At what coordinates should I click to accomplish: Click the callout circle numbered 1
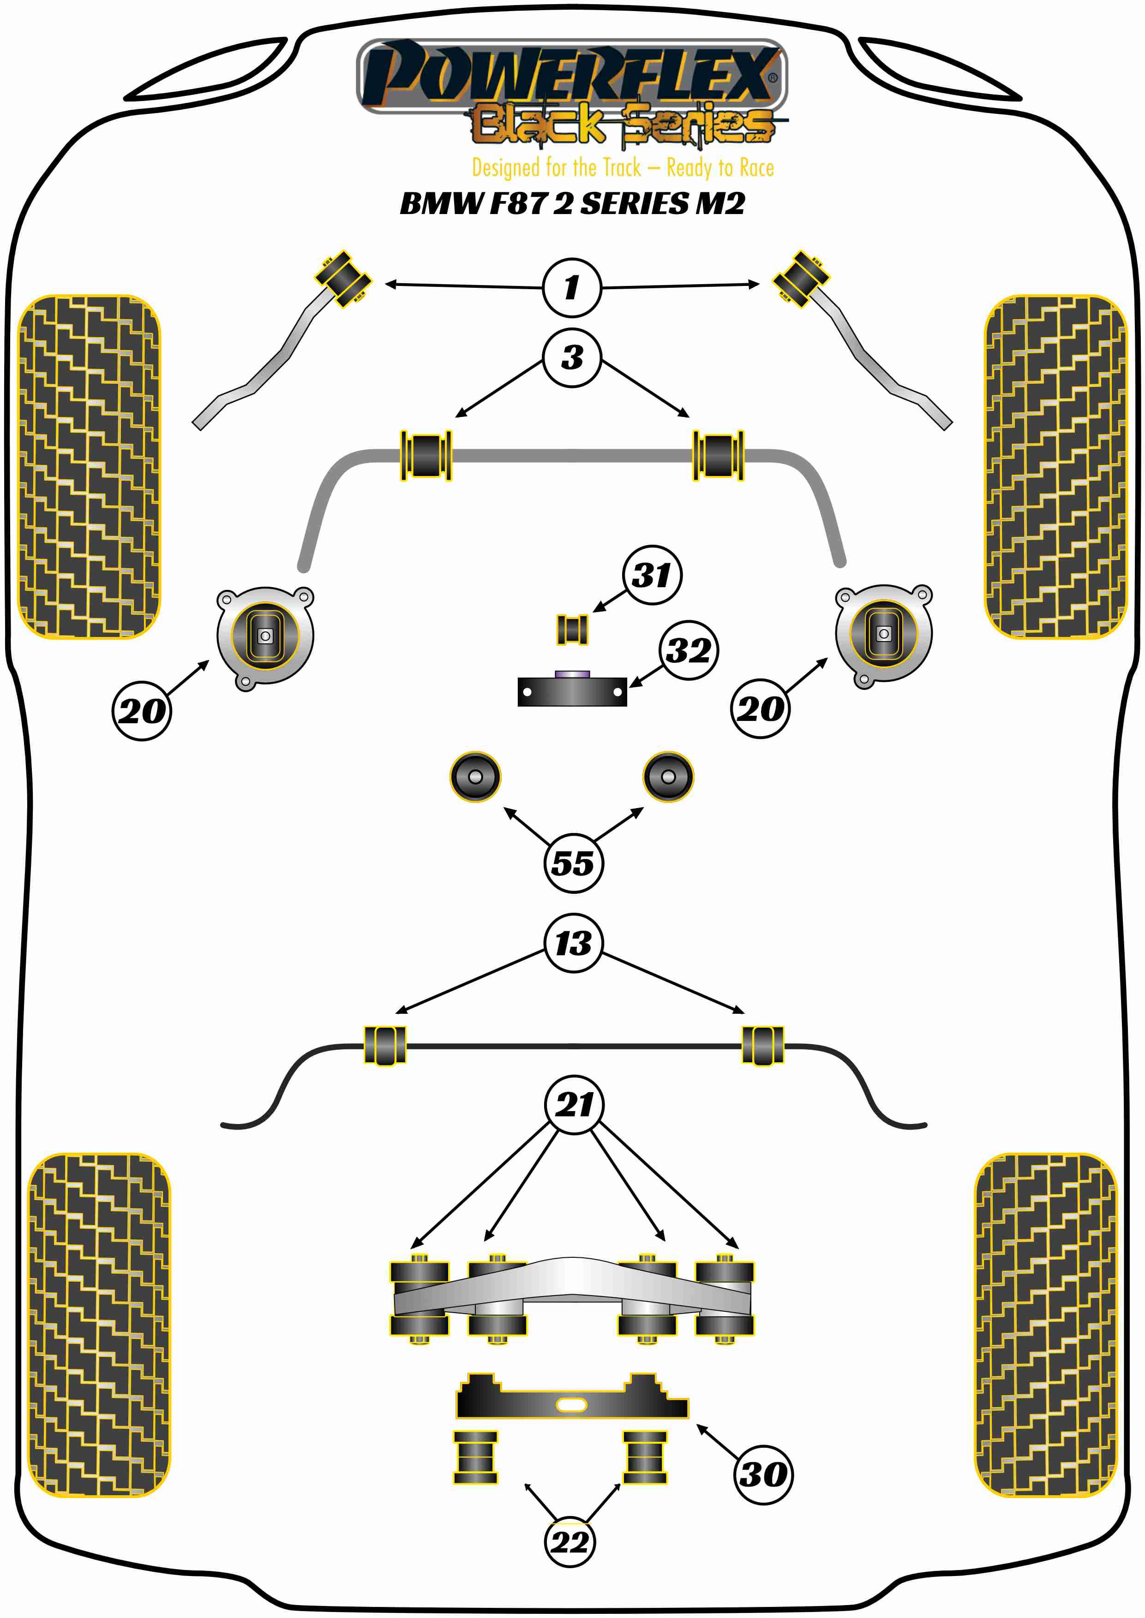pyautogui.click(x=572, y=287)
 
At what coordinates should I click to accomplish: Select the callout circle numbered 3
pyautogui.click(x=572, y=357)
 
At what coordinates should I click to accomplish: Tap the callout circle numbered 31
pyautogui.click(x=652, y=575)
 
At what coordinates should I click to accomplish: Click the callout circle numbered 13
pyautogui.click(x=573, y=944)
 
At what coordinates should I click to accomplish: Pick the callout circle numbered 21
pyautogui.click(x=575, y=1104)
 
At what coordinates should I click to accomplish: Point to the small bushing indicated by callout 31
pyautogui.click(x=572, y=629)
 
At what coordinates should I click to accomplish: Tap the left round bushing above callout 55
pyautogui.click(x=475, y=777)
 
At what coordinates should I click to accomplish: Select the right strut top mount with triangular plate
pyautogui.click(x=883, y=634)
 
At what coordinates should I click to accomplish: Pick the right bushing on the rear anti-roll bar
pyautogui.click(x=763, y=1046)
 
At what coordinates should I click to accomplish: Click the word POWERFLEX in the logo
pyautogui.click(x=571, y=74)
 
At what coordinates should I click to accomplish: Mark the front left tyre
pyautogui.click(x=89, y=466)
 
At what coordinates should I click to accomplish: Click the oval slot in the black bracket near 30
pyautogui.click(x=571, y=1405)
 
